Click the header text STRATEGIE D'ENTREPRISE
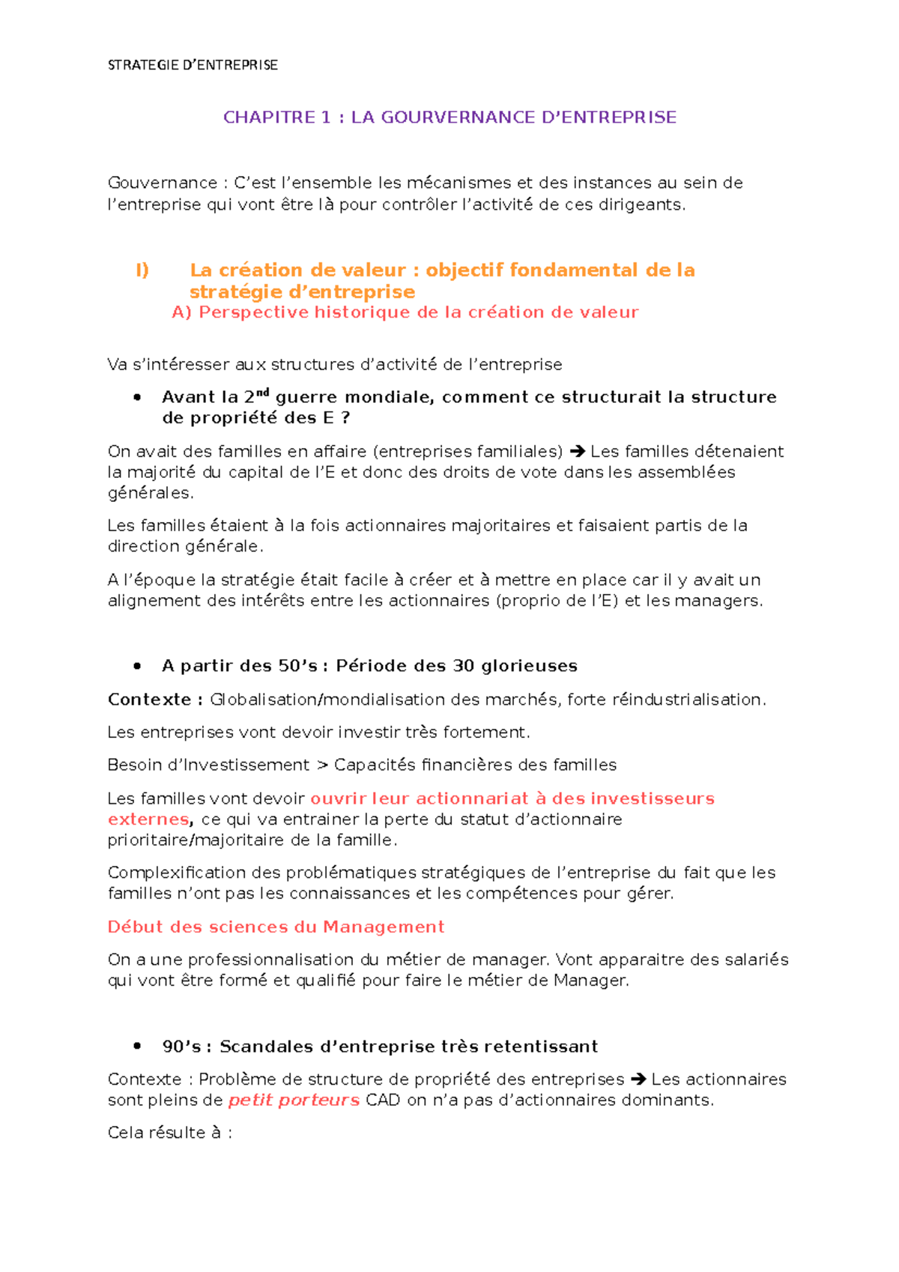click(x=193, y=65)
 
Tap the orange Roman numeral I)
click(x=142, y=270)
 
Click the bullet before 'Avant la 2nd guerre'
click(x=137, y=398)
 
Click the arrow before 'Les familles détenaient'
click(x=576, y=452)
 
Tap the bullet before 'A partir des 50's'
click(x=137, y=666)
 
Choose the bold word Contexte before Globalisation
click(x=150, y=700)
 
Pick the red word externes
click(x=148, y=820)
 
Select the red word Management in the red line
click(x=384, y=927)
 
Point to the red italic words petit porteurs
click(x=294, y=1100)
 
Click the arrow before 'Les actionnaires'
click(x=638, y=1079)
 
